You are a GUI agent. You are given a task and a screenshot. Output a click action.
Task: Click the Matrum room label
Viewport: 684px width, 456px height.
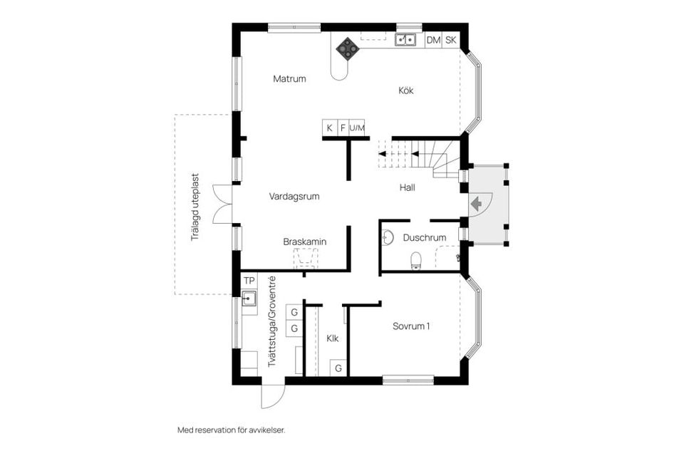click(289, 79)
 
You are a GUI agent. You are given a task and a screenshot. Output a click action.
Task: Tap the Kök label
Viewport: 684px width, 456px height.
click(405, 90)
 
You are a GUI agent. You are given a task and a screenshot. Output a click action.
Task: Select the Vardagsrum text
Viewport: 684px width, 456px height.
click(294, 196)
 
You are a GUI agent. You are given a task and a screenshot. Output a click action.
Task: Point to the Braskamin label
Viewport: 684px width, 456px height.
click(304, 242)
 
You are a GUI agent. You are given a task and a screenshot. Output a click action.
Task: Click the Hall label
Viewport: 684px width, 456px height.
click(407, 188)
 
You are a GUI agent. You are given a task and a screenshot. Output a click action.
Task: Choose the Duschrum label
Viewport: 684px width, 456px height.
click(424, 238)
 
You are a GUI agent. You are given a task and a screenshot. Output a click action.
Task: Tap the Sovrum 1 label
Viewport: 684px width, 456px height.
click(412, 326)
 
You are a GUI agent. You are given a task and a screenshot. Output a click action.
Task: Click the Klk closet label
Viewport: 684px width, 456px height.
click(333, 338)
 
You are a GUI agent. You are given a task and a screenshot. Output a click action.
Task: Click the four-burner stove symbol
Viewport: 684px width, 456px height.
click(348, 48)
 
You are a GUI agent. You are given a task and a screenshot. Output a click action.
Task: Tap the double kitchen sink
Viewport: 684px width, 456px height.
click(406, 40)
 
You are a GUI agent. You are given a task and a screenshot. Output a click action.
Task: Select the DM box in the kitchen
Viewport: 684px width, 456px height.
click(433, 40)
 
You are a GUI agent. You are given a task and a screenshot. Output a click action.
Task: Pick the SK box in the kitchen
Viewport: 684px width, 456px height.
click(451, 40)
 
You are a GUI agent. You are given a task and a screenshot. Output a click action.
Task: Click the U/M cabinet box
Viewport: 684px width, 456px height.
click(357, 128)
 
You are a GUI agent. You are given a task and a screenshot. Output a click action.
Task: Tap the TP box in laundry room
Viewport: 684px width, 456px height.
click(249, 280)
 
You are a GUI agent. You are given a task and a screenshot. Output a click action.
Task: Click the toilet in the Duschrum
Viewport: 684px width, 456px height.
click(416, 262)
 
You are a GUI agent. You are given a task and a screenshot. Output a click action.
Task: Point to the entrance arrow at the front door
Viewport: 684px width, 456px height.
click(476, 203)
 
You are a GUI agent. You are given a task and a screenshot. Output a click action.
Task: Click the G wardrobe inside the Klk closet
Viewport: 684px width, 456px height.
click(338, 368)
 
